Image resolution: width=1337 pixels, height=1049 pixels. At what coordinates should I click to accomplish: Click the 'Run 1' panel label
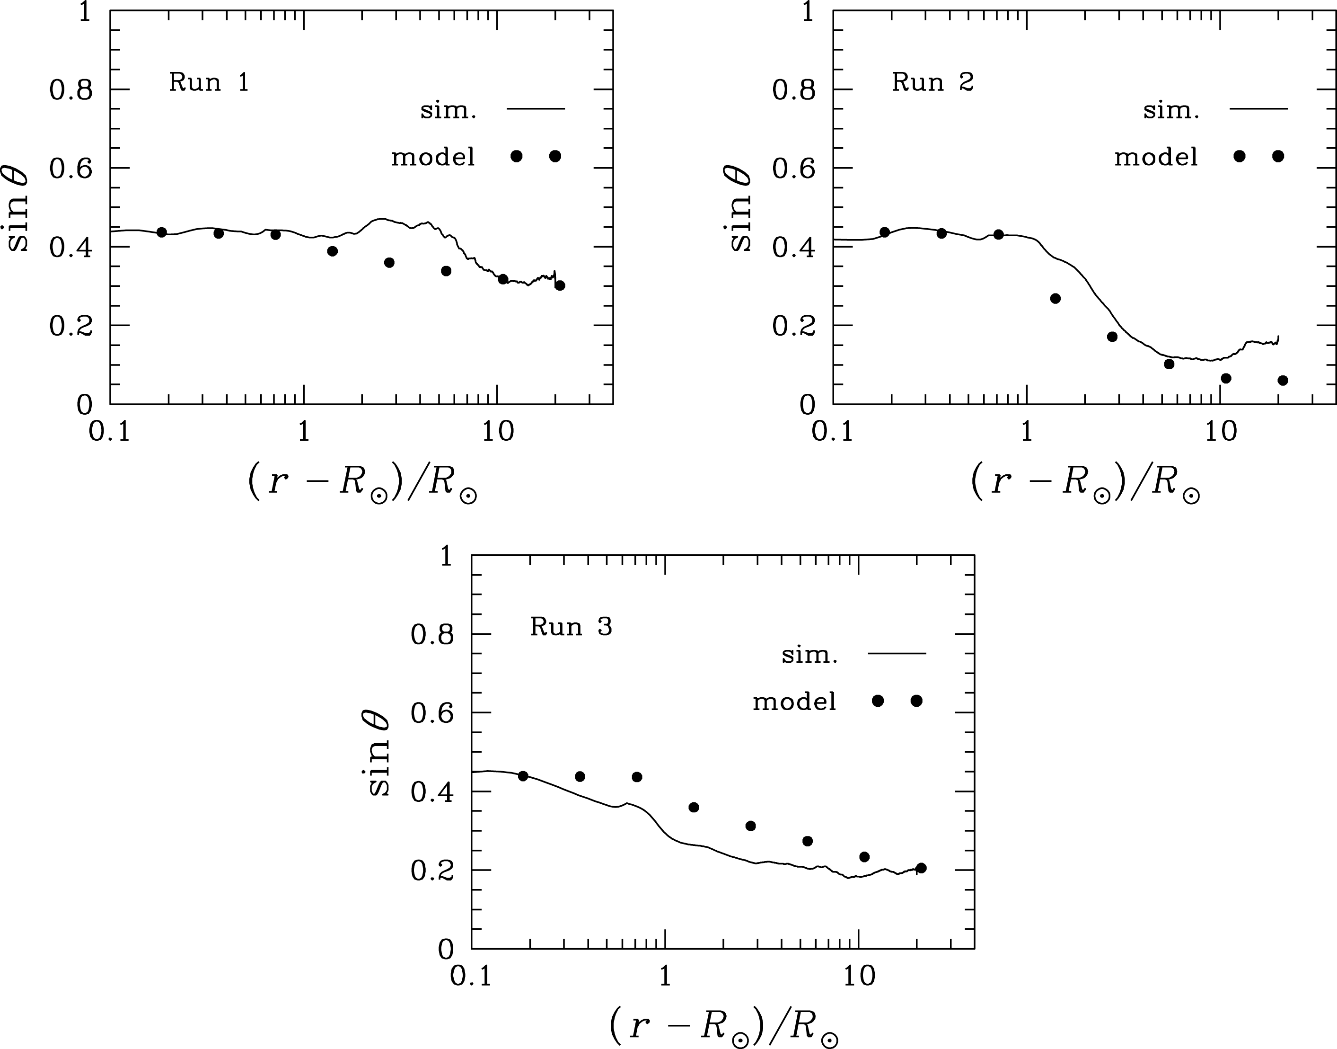(209, 82)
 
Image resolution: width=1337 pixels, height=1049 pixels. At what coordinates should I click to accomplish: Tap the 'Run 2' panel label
(932, 82)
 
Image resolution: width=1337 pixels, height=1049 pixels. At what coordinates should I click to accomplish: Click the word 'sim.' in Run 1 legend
(448, 111)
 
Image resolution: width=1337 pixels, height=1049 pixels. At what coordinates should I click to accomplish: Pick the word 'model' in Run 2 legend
(1156, 158)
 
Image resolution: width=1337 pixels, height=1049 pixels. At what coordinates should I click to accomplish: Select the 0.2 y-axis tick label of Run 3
(431, 871)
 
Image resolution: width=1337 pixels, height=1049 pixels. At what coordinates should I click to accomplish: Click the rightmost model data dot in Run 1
(559, 285)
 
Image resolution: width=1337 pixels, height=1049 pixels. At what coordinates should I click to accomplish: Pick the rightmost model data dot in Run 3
(921, 868)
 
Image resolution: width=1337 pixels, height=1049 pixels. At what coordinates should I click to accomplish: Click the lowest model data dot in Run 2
(1283, 381)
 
